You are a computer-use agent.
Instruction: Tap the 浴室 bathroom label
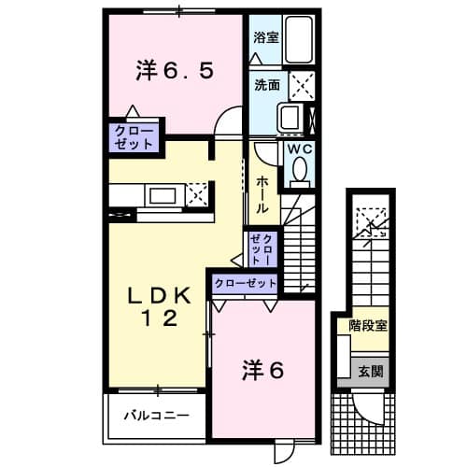[265, 38]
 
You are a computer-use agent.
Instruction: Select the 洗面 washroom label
[267, 84]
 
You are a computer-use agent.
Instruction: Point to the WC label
[298, 148]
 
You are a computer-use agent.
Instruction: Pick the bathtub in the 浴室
[300, 41]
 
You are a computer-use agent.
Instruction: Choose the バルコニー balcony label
[154, 413]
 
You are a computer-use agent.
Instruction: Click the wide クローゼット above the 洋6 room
[247, 283]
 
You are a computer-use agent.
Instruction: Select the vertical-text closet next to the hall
[262, 248]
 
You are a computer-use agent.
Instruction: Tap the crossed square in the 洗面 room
[302, 86]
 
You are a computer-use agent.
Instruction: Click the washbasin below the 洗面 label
[289, 118]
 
